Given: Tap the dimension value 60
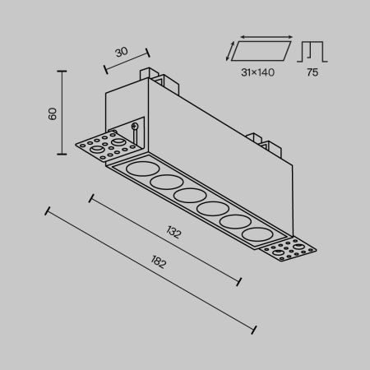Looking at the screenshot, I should (x=52, y=113).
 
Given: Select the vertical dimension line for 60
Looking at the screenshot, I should (x=63, y=113).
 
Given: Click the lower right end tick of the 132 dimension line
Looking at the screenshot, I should (x=239, y=281).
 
